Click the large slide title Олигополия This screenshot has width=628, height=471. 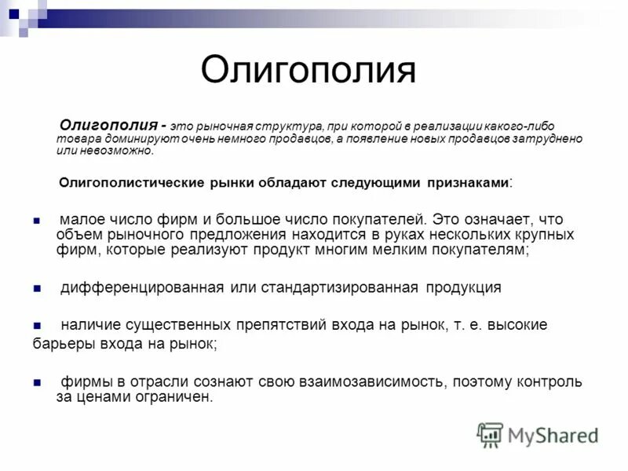(x=308, y=71)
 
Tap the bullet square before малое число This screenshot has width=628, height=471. (x=36, y=221)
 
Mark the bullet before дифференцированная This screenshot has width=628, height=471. (x=36, y=288)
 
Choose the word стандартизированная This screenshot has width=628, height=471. (x=353, y=287)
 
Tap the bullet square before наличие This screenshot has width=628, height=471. (x=36, y=325)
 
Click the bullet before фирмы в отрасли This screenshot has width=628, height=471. (x=36, y=383)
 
